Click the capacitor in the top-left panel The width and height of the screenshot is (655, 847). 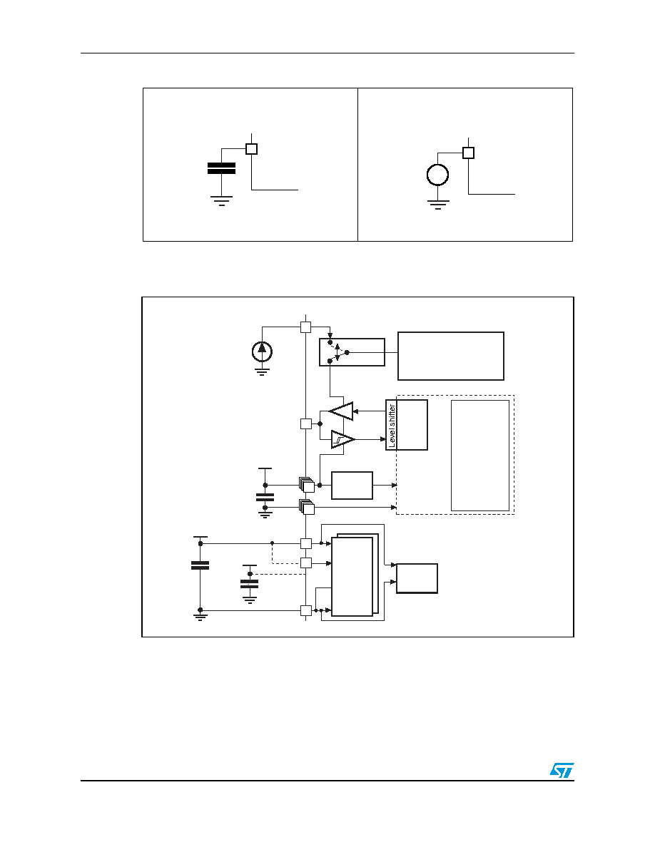coord(222,168)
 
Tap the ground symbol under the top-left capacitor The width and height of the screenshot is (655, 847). coord(222,201)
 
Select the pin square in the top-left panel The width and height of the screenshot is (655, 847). coord(251,148)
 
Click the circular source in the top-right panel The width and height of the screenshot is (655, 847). coord(438,175)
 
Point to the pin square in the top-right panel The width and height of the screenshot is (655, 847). coord(469,153)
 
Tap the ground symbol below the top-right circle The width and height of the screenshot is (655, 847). coord(438,204)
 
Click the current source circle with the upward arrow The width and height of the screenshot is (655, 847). coord(262,351)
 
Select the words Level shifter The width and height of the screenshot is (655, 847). coord(392,426)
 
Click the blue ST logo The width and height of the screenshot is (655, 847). coord(562,770)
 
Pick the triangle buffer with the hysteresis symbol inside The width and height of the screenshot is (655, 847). coord(342,439)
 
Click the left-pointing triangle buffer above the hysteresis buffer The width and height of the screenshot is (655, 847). coord(342,411)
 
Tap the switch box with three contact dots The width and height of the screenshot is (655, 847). coord(352,352)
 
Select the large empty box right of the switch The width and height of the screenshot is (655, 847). coord(451,356)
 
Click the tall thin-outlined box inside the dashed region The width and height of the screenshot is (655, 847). coord(480,456)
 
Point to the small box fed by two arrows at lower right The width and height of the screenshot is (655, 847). coord(417,578)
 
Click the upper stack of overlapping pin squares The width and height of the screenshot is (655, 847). coord(306,485)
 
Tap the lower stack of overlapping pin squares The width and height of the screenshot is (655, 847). coord(306,507)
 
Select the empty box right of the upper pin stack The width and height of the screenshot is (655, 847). coord(352,486)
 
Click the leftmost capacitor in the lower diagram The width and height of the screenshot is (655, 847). coord(200,565)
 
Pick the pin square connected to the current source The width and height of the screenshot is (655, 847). coord(306,327)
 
